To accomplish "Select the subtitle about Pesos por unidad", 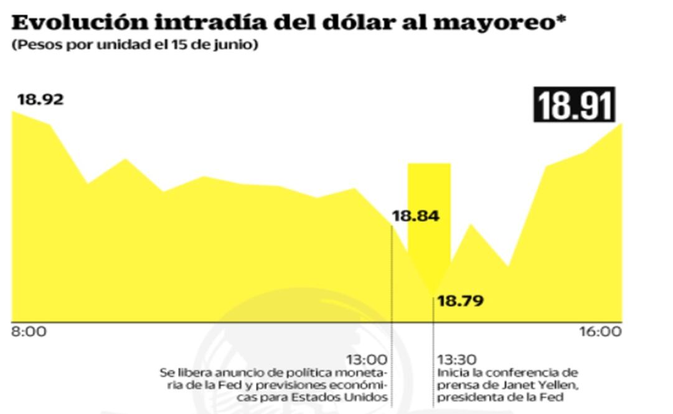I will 134,47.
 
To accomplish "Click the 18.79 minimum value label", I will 461,301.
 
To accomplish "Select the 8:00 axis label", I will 29,331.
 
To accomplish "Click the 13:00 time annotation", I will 367,359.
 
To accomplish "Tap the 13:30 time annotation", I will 458,359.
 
